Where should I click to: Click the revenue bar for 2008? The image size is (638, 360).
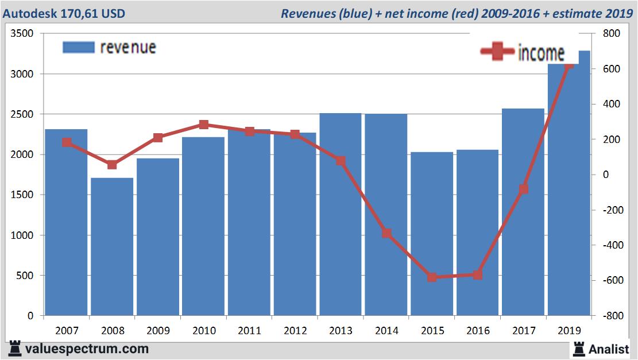(x=112, y=247)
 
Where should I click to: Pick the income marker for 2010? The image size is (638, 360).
(x=204, y=125)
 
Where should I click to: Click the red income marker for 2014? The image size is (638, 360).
(x=386, y=233)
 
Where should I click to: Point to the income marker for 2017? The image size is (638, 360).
(x=523, y=189)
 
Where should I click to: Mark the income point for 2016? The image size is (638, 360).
(x=478, y=275)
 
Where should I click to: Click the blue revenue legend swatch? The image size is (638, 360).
(x=78, y=47)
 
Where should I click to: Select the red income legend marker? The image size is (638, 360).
(x=497, y=52)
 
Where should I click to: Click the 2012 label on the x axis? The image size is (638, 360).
(x=295, y=331)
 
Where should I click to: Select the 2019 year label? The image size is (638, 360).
(x=569, y=331)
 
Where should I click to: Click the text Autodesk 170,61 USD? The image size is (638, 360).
(x=64, y=13)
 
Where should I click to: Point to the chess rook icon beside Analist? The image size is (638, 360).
(x=578, y=349)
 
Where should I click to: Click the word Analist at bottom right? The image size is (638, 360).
(x=609, y=349)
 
